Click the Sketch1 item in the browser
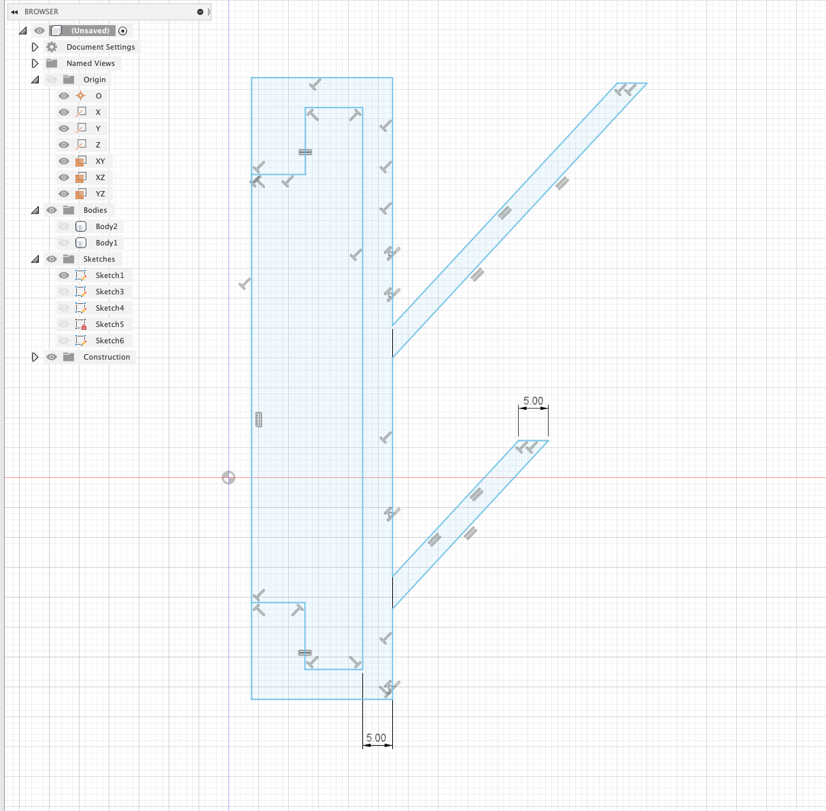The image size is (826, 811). [109, 275]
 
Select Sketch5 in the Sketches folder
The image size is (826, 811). [109, 324]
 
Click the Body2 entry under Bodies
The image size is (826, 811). [106, 226]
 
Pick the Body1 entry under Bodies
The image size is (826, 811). [106, 243]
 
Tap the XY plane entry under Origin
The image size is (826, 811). [100, 161]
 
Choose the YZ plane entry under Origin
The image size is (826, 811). [100, 194]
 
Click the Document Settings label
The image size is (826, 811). [101, 47]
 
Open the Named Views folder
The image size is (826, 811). [90, 63]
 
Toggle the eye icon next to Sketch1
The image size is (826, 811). [64, 275]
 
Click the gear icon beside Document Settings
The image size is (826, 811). [52, 47]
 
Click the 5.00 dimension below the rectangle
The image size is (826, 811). [376, 738]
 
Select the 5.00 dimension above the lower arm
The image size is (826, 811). [533, 401]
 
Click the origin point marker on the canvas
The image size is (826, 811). [228, 478]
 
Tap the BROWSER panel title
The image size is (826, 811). [41, 12]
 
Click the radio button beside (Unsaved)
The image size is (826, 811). [122, 31]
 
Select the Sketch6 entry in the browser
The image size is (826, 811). [109, 341]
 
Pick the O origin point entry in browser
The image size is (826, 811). [99, 96]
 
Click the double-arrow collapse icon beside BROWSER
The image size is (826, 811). [14, 12]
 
